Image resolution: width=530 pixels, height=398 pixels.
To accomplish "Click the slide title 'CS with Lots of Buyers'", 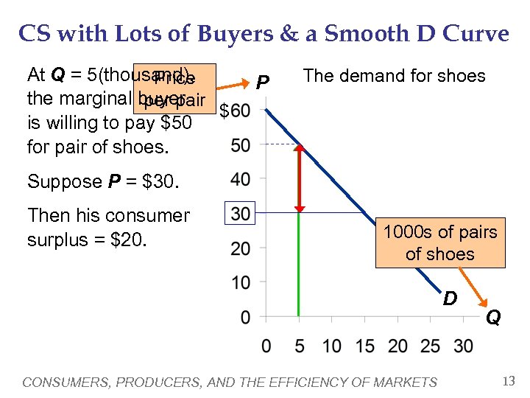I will click(264, 33).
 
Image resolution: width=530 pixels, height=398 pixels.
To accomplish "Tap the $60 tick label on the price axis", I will click(235, 111).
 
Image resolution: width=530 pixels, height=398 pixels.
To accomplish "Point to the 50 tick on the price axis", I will click(240, 145).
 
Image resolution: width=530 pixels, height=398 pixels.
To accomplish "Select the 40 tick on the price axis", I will click(240, 179).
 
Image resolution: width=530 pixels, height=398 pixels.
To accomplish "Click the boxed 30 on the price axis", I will click(241, 214).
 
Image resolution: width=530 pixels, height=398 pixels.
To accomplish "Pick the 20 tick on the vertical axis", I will click(240, 248).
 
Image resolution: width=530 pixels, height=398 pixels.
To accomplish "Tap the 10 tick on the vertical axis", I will click(240, 282).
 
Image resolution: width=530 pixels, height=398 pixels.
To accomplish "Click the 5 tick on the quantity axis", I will click(299, 346).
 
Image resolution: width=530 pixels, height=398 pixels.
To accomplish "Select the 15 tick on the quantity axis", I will click(364, 346).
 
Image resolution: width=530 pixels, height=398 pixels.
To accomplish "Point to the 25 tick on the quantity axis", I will click(431, 346).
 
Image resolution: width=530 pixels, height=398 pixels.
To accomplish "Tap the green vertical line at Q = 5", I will click(299, 265).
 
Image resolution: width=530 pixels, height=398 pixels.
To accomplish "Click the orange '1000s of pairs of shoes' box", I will click(439, 242).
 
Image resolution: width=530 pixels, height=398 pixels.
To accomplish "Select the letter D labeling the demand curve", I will click(449, 298).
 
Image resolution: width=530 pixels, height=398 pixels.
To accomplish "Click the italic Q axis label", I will click(493, 318).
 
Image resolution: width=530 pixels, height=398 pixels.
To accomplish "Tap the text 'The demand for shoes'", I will click(394, 76).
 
